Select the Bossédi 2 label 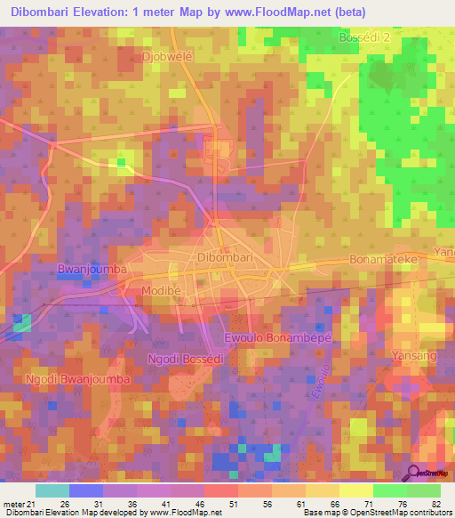point(365,38)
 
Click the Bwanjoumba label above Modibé point(92,268)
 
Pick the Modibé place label point(149,291)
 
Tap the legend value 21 point(36,505)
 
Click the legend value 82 point(435,505)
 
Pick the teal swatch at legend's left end point(52,490)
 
